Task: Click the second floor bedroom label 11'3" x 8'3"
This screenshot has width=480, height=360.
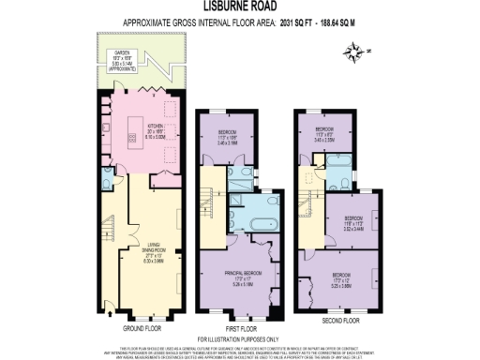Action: (325, 132)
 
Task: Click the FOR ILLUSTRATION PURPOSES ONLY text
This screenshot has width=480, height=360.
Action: (239, 338)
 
